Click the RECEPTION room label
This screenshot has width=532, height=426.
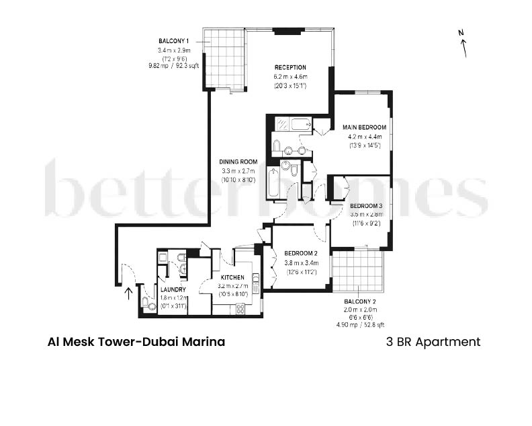point(290,67)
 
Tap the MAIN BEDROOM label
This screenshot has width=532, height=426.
point(364,127)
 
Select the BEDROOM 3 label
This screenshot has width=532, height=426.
point(366,206)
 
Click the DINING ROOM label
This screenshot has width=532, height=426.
point(239,162)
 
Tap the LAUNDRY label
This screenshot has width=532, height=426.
point(173,290)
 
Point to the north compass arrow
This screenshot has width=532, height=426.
point(463,46)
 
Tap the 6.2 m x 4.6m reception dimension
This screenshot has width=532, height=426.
point(290,77)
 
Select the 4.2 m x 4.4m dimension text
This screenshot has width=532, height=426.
point(364,137)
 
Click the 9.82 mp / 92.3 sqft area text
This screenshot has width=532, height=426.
point(174,66)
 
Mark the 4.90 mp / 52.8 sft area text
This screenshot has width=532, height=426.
point(360,324)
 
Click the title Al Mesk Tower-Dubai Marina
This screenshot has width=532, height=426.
point(136,342)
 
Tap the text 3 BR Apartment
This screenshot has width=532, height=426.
point(433,342)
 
